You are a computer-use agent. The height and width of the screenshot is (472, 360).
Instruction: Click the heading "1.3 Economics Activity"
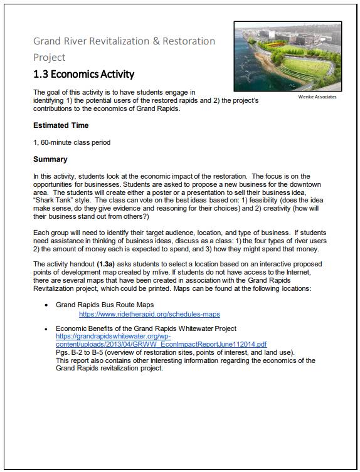point(83,74)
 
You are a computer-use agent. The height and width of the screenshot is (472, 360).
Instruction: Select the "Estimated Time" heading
point(61,125)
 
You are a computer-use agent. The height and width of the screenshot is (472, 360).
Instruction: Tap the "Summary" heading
point(50,159)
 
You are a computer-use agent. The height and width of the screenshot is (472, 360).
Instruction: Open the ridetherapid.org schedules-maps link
point(149,314)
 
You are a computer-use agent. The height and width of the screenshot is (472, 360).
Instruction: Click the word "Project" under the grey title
point(50,57)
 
